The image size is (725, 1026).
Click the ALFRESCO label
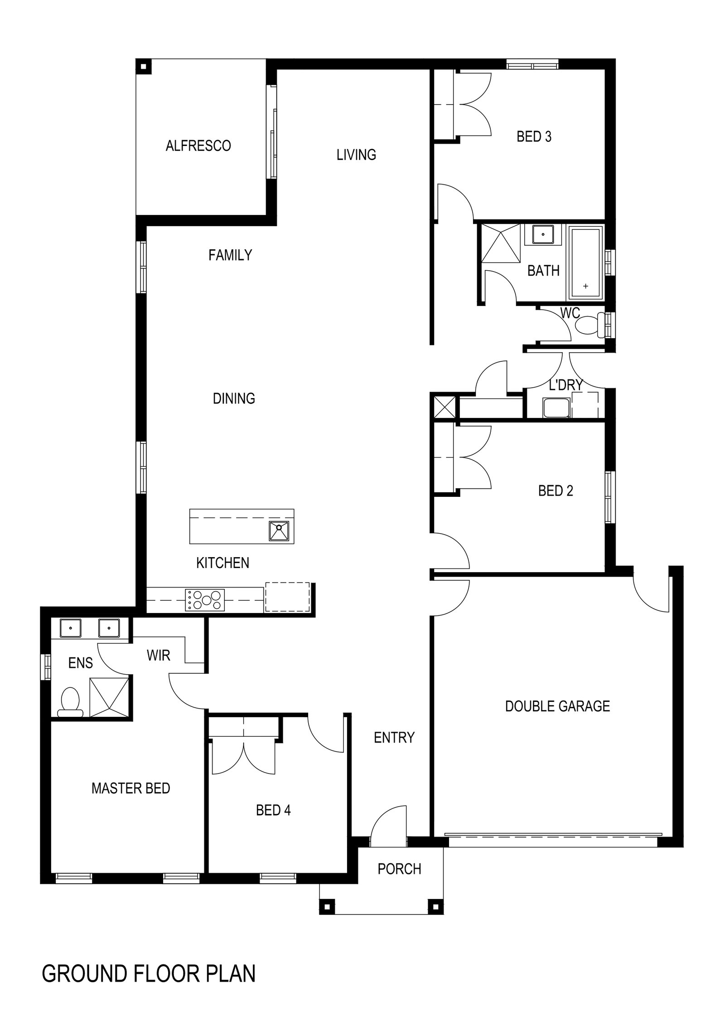pyautogui.click(x=198, y=146)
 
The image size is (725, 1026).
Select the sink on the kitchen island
pyautogui.click(x=279, y=531)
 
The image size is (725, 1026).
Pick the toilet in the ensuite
pyautogui.click(x=71, y=702)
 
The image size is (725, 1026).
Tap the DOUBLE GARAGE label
pyautogui.click(x=557, y=706)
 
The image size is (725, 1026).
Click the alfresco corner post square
pyautogui.click(x=144, y=67)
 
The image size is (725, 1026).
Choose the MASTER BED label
pyautogui.click(x=130, y=788)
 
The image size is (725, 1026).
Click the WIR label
pyautogui.click(x=158, y=655)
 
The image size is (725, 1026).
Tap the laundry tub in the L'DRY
pyautogui.click(x=552, y=407)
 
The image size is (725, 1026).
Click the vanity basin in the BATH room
pyautogui.click(x=541, y=234)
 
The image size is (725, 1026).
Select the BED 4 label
pyautogui.click(x=273, y=810)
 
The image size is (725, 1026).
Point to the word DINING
pyautogui.click(x=234, y=399)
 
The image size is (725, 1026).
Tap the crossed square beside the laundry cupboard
pyautogui.click(x=445, y=406)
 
